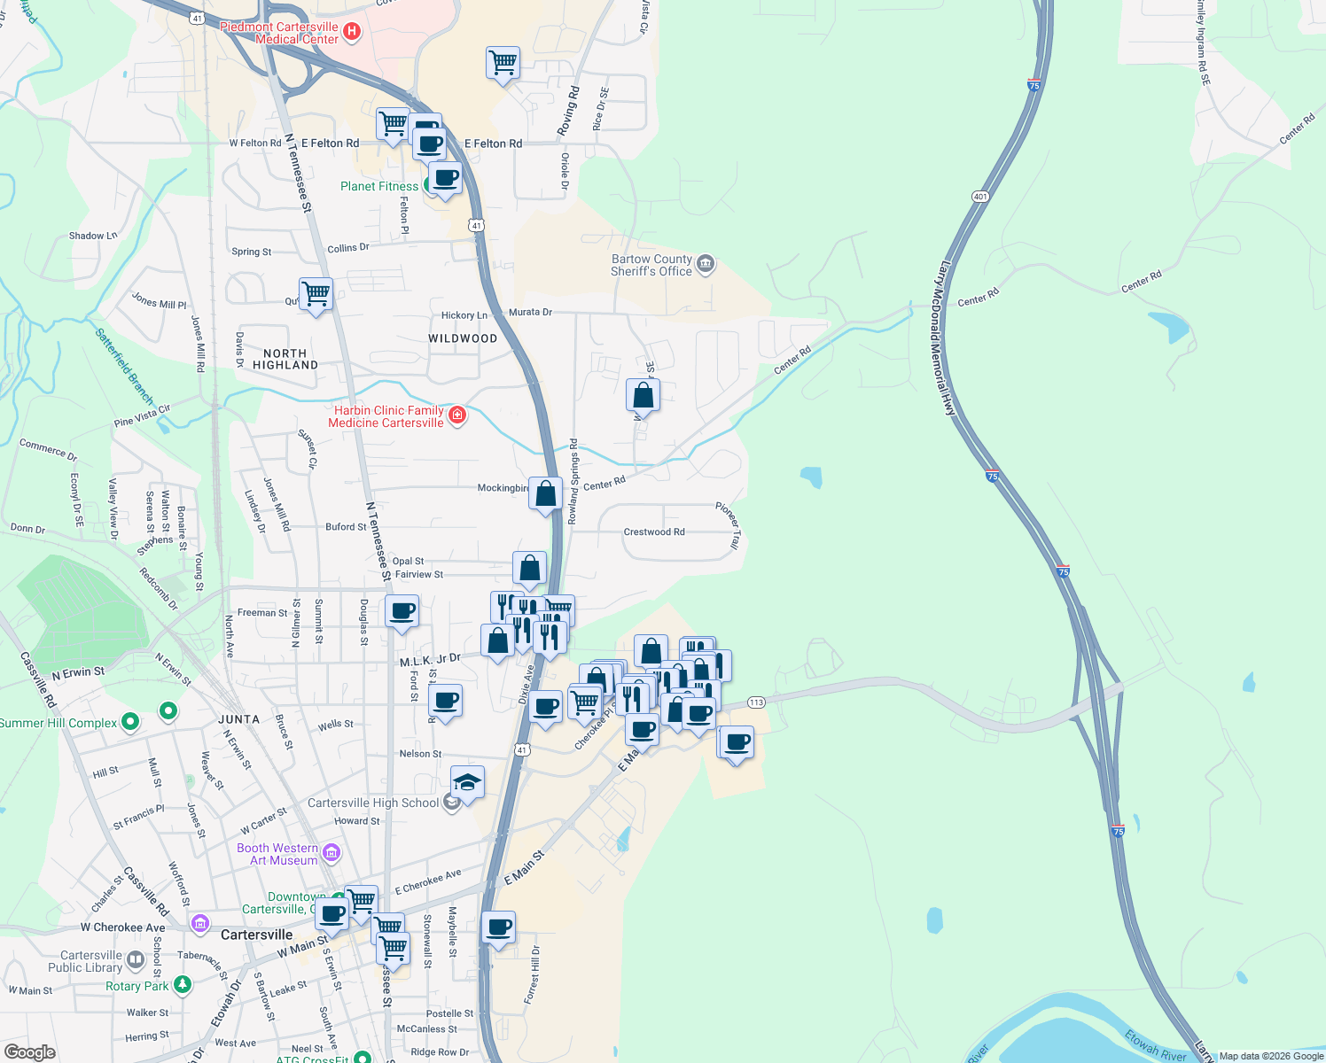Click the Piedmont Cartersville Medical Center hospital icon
352,33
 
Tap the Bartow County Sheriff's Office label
651,266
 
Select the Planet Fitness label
379,186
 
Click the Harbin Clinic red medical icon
457,415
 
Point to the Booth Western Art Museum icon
331,853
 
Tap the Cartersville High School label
373,803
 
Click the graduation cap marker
467,783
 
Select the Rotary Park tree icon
183,984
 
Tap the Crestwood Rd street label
654,531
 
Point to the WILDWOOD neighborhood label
463,338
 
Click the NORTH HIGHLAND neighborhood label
285,359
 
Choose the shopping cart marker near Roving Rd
503,64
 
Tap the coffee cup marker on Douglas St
402,611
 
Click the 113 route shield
755,702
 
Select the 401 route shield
979,197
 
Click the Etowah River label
1155,1045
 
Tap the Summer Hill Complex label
58,723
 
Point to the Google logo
30,1051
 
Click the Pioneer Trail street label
728,525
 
